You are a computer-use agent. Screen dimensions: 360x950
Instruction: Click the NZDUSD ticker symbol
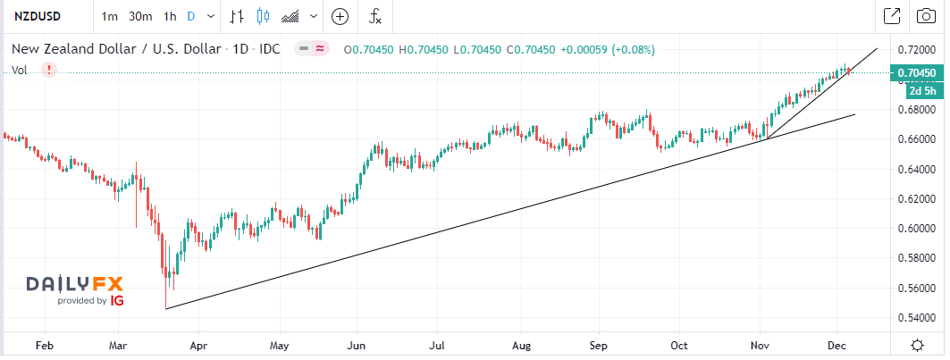pyautogui.click(x=37, y=16)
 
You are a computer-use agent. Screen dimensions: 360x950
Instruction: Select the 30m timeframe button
pyautogui.click(x=139, y=16)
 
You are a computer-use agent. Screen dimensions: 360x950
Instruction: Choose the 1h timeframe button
pyautogui.click(x=171, y=16)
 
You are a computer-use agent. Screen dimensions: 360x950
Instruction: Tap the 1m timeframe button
pyautogui.click(x=110, y=16)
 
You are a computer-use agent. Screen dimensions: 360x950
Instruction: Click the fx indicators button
pyautogui.click(x=376, y=16)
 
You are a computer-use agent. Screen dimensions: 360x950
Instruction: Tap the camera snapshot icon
pyautogui.click(x=925, y=16)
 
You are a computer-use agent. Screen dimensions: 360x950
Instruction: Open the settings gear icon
pyautogui.click(x=917, y=345)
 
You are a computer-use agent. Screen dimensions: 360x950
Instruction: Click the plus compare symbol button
pyautogui.click(x=340, y=16)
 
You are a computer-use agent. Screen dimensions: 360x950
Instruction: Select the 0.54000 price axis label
pyautogui.click(x=915, y=317)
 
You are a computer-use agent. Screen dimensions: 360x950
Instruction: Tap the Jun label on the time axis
pyautogui.click(x=357, y=344)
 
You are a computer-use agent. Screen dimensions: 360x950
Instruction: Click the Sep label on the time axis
pyautogui.click(x=599, y=344)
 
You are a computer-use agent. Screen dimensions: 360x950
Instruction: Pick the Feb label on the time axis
pyautogui.click(x=42, y=344)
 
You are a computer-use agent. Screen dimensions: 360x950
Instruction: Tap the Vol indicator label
pyautogui.click(x=19, y=70)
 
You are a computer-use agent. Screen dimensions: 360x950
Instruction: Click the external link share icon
pyautogui.click(x=891, y=16)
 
